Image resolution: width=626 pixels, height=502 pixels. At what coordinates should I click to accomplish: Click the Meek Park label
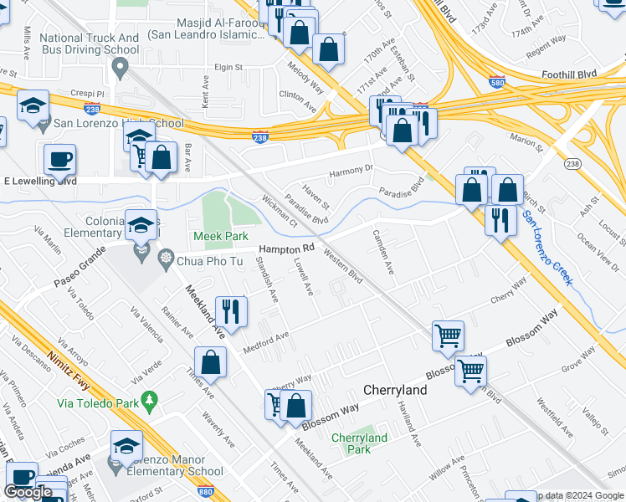tap(221, 237)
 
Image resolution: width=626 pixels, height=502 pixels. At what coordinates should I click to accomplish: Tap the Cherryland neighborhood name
tap(395, 390)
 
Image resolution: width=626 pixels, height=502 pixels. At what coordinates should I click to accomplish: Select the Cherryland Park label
tap(359, 443)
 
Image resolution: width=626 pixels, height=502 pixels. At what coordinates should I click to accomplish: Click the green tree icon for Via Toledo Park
tap(150, 402)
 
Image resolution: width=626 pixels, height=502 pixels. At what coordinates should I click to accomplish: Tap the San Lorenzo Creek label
tap(548, 248)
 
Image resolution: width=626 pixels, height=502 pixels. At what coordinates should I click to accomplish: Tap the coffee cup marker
tap(59, 158)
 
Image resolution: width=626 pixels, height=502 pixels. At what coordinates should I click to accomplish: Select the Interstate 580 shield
tap(496, 81)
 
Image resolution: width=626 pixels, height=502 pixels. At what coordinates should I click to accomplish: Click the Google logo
tap(28, 492)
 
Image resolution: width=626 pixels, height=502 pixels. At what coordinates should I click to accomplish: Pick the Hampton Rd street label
tap(285, 249)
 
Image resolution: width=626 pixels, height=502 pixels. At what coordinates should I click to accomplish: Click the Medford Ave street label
tap(265, 341)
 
